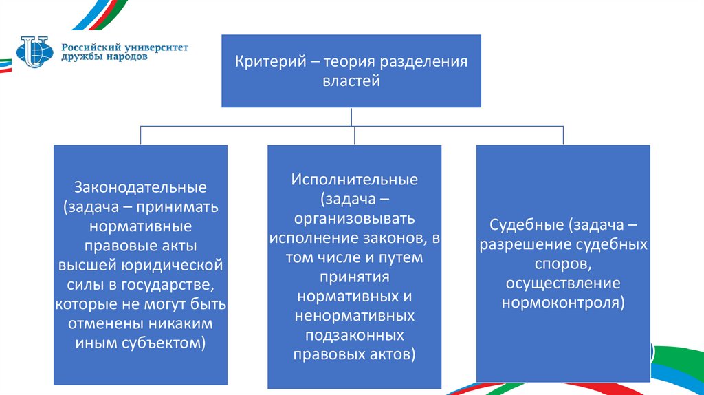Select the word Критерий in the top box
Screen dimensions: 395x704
266,62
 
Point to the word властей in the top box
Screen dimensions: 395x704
351,81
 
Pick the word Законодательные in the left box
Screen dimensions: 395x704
141,187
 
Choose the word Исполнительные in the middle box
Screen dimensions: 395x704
354,181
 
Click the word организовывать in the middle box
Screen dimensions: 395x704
354,220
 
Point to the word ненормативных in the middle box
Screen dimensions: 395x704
354,316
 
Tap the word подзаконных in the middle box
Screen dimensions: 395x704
354,335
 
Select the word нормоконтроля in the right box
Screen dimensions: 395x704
562,303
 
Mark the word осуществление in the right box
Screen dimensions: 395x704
563,284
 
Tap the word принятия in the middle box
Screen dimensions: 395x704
354,277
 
